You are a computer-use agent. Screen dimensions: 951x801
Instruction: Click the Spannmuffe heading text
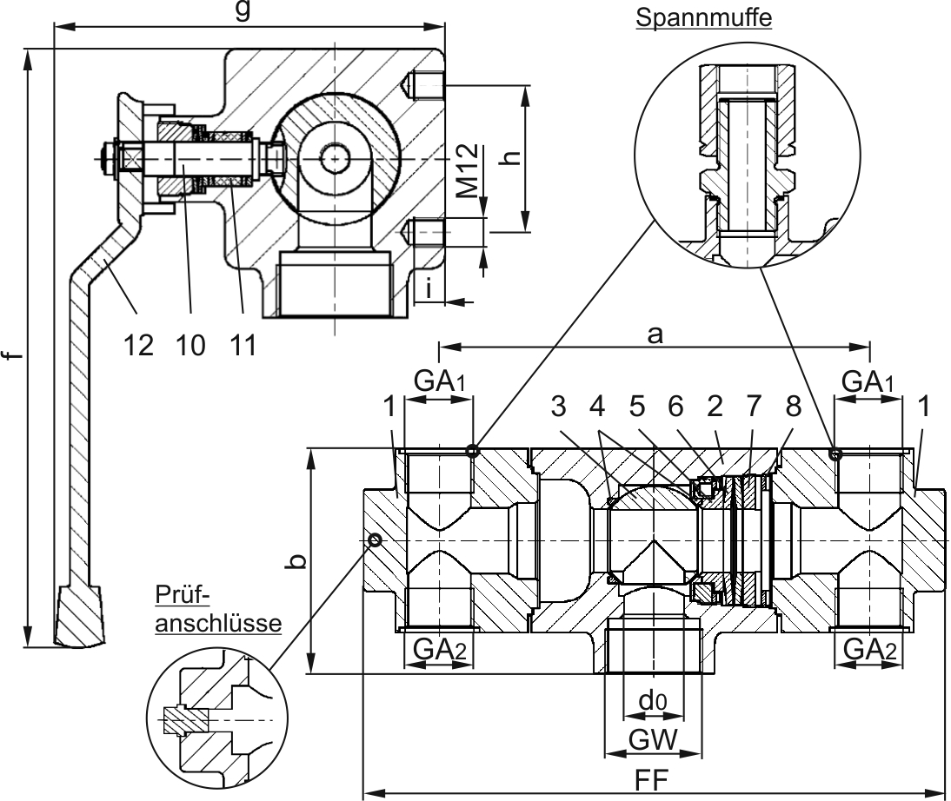pyautogui.click(x=703, y=17)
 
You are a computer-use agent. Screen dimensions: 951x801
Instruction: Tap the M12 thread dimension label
pyautogui.click(x=467, y=171)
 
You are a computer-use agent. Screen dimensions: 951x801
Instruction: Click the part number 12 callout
pyautogui.click(x=138, y=345)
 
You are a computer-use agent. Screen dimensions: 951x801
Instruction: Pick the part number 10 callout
pyautogui.click(x=190, y=345)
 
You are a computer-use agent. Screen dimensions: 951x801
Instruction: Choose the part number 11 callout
pyautogui.click(x=243, y=345)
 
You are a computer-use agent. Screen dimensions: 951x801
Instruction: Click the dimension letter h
pyautogui.click(x=513, y=156)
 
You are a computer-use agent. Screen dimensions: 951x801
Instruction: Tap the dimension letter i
pyautogui.click(x=429, y=289)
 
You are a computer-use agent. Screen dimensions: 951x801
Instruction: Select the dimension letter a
pyautogui.click(x=655, y=334)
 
